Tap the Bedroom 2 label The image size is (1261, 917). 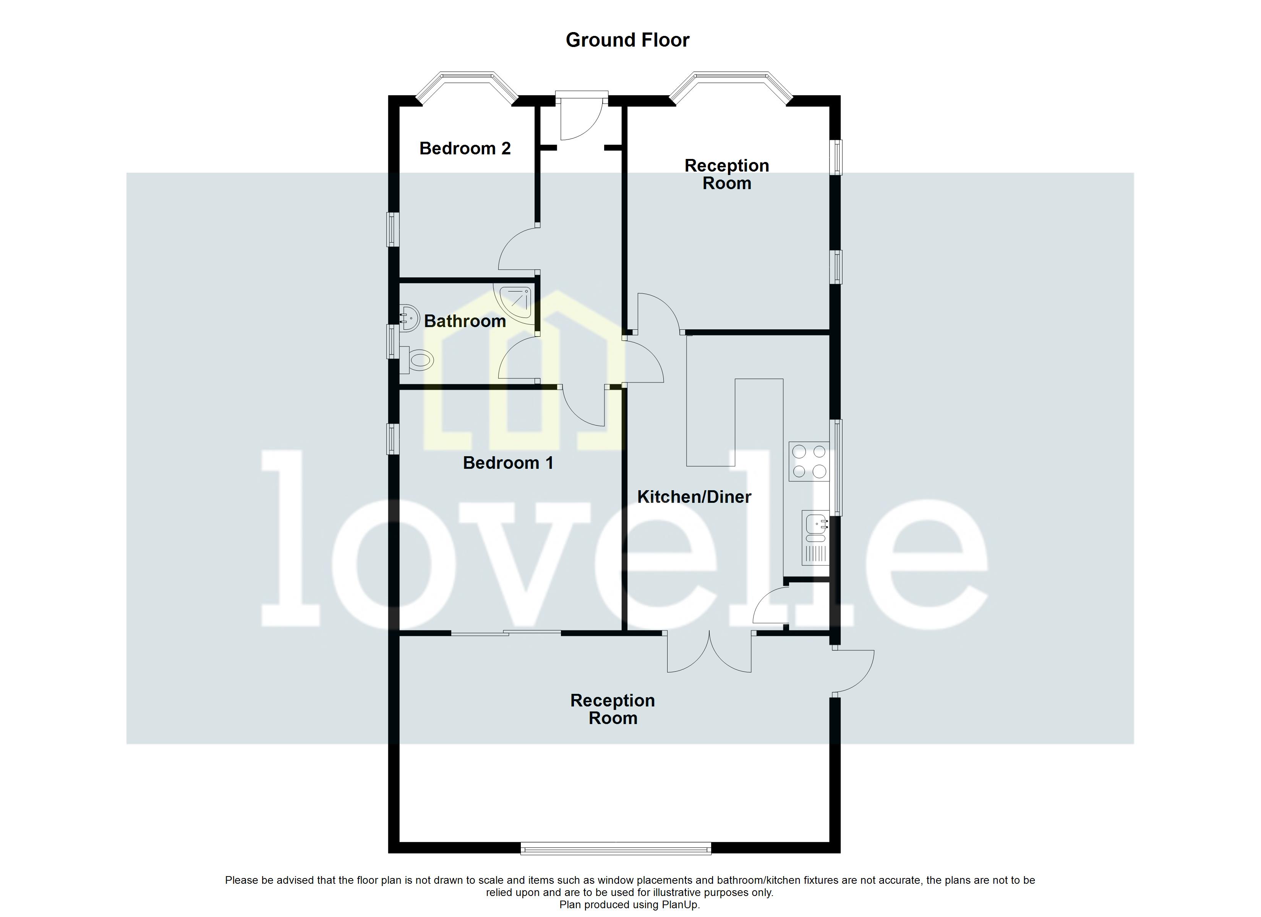[465, 149]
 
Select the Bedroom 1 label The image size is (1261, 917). [507, 463]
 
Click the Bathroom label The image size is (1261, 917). [465, 321]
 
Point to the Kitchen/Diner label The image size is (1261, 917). [694, 497]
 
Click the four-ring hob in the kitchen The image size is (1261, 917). [809, 461]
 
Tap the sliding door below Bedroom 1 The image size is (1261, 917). [506, 632]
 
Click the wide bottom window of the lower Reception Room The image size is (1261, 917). [616, 848]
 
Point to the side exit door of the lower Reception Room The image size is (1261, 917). [853, 671]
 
